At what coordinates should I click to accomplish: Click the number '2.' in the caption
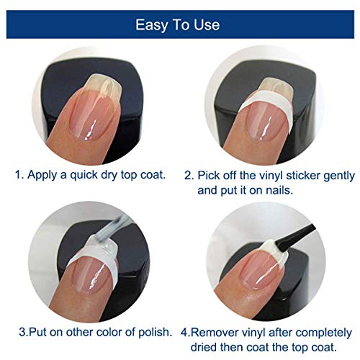tap(190, 174)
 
